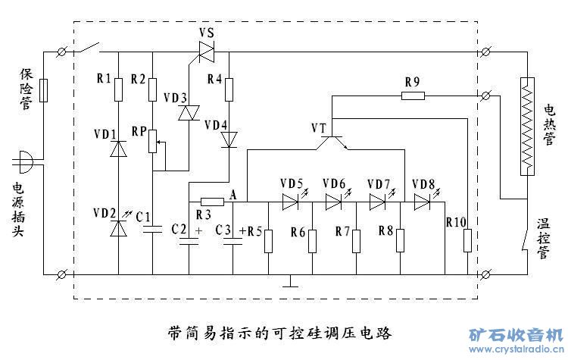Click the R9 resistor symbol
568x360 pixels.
413,95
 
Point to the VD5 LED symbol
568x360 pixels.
291,202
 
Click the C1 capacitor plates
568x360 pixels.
153,230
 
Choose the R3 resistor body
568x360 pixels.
211,202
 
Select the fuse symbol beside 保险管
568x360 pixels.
44,91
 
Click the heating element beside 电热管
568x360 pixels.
526,125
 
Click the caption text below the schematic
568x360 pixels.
280,332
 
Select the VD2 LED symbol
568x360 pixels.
118,227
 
